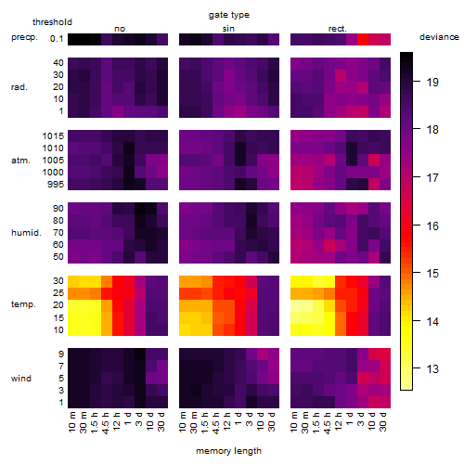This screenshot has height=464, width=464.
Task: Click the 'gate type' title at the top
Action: pos(229,15)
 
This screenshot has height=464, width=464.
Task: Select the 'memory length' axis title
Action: pos(228,451)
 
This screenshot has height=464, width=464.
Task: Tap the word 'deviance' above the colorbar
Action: pos(439,37)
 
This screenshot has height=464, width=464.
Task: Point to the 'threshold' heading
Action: pos(52,22)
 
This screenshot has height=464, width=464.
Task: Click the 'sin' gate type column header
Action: pos(228,29)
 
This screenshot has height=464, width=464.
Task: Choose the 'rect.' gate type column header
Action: pos(338,29)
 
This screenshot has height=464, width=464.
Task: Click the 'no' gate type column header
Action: pos(120,29)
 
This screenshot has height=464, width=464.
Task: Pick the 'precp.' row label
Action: pos(24,38)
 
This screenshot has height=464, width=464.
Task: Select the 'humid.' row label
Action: pos(26,233)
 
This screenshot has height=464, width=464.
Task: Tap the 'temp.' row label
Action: pos(23,304)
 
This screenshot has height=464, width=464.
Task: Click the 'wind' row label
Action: pos(21,379)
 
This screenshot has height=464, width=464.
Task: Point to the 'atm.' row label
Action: pos(20,161)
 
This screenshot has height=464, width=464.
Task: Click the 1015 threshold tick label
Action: pos(53,136)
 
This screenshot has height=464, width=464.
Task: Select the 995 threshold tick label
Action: pos(56,185)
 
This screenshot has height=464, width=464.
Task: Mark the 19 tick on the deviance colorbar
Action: pos(432,83)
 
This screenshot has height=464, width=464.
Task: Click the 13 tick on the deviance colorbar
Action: pos(432,368)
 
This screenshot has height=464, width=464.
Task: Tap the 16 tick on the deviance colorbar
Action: pos(432,226)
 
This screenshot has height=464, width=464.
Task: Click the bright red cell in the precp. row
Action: pos(363,39)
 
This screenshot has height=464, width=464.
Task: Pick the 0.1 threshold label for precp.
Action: pos(57,39)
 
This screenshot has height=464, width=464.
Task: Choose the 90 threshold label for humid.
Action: pos(58,209)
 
